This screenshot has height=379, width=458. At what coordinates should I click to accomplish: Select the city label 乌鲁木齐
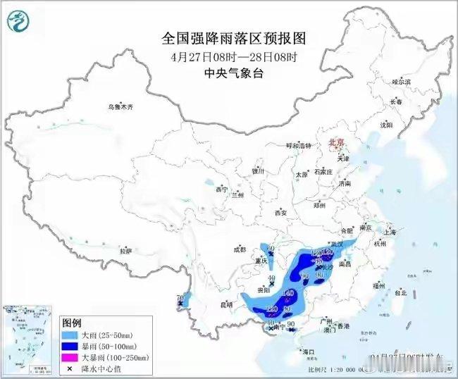120,107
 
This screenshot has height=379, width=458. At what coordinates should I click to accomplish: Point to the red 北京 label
336,142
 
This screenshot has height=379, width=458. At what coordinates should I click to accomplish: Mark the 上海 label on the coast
391,232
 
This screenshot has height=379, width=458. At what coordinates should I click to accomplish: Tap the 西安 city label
281,212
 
